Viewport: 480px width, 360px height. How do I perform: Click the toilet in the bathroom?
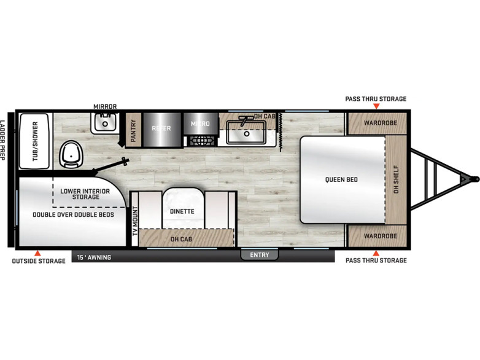pos(71,154)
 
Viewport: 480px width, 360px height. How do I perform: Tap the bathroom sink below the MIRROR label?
pos(105,123)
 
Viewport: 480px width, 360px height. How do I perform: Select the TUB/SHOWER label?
pos(35,141)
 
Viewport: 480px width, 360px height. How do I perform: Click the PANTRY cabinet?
pos(133,130)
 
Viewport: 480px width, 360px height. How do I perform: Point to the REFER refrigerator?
pos(161,130)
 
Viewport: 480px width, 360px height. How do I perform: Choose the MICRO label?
pos(200,123)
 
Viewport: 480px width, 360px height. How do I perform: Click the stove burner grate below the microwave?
pos(201,141)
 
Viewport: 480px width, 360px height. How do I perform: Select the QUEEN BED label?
pos(341,179)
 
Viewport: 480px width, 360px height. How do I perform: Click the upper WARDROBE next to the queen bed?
pos(377,123)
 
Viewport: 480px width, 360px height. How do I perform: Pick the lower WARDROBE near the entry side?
pos(377,236)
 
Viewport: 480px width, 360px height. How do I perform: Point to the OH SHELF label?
pos(396,179)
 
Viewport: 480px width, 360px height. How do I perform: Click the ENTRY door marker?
pos(260,255)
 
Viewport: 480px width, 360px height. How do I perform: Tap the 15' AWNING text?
pos(94,257)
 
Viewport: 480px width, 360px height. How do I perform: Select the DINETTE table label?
pos(182,211)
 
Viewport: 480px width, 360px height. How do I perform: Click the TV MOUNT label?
pos(135,221)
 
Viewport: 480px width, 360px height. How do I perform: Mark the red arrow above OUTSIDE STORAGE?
pos(37,253)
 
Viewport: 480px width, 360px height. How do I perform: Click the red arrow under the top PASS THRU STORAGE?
pos(376,106)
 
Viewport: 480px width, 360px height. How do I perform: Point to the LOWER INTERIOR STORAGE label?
pos(85,194)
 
